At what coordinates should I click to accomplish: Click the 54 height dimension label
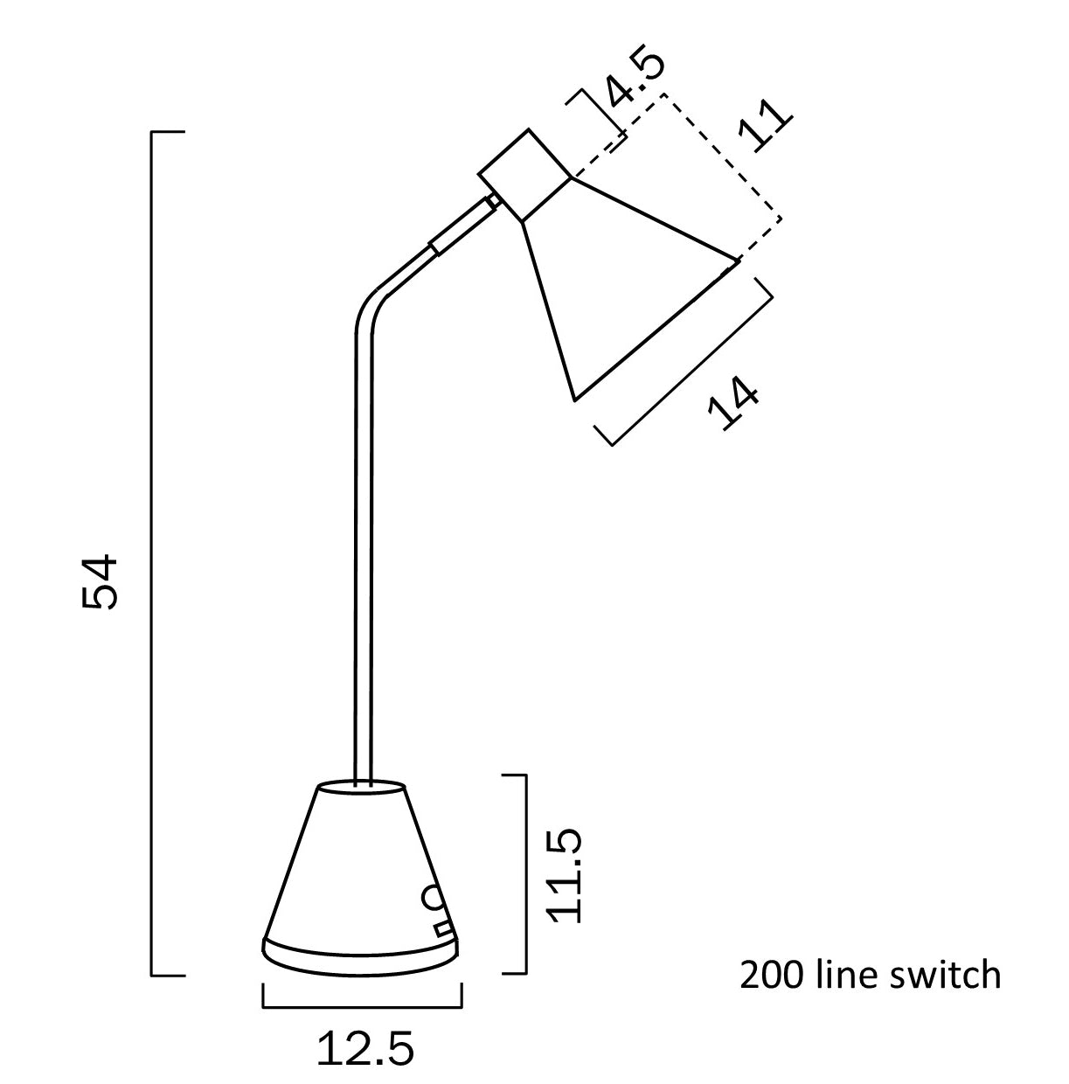(98, 581)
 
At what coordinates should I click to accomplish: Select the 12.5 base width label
(365, 1048)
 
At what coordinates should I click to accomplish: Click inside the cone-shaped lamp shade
(612, 288)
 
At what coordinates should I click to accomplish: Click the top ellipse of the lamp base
(362, 788)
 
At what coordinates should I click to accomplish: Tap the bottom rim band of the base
(358, 957)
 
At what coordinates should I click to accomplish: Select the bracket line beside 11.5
(526, 874)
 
